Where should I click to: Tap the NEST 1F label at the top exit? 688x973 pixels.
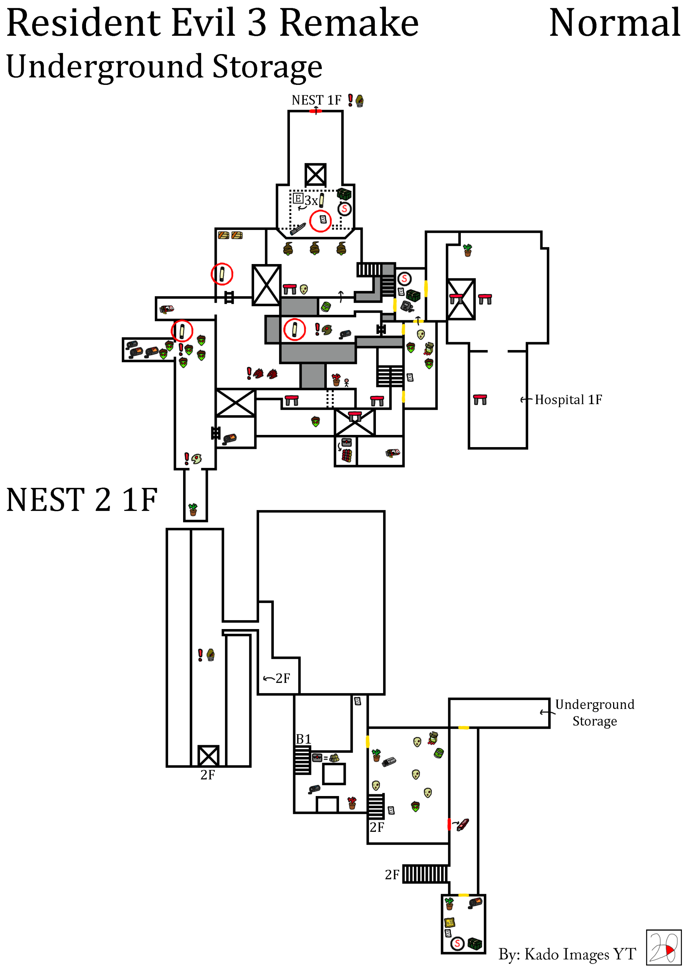click(x=316, y=100)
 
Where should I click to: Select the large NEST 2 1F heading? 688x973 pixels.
click(x=82, y=500)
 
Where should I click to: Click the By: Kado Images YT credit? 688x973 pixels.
click(x=567, y=954)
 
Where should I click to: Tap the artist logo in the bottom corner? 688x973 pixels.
click(x=663, y=947)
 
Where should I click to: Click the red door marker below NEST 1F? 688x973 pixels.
click(x=315, y=111)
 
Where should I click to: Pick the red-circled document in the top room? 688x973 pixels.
click(x=320, y=221)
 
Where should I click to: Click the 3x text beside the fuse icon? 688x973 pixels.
click(x=311, y=201)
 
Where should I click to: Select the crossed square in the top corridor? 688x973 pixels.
click(x=315, y=174)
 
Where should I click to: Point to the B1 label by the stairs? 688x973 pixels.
click(x=304, y=739)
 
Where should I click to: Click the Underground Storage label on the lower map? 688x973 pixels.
click(x=595, y=713)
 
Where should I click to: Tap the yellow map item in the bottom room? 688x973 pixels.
click(x=449, y=922)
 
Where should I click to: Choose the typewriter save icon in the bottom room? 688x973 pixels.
click(x=457, y=944)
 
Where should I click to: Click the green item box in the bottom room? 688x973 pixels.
click(x=475, y=944)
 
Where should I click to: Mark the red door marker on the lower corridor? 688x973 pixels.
click(x=449, y=824)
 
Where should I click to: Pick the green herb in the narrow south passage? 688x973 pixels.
click(x=193, y=509)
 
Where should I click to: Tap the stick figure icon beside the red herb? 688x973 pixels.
click(x=347, y=383)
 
